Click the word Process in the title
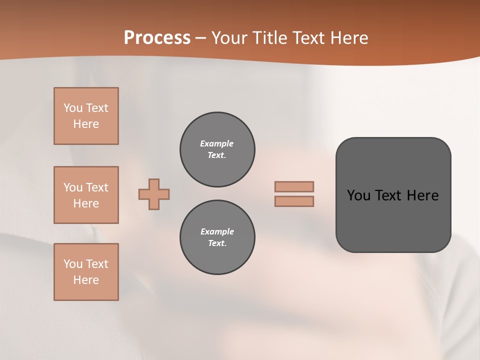(x=157, y=38)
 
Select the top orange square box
(x=86, y=116)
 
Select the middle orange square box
(x=86, y=195)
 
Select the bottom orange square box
(x=86, y=272)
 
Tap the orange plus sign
(x=154, y=194)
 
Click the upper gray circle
(x=217, y=149)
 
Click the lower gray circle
(x=217, y=237)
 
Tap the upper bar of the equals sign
(x=294, y=186)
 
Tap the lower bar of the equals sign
(x=294, y=201)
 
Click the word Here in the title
(x=349, y=38)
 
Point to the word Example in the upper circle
(x=216, y=143)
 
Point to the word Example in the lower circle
(x=217, y=231)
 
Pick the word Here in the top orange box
(x=86, y=124)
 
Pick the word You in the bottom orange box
(x=73, y=264)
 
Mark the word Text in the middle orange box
(x=97, y=187)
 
